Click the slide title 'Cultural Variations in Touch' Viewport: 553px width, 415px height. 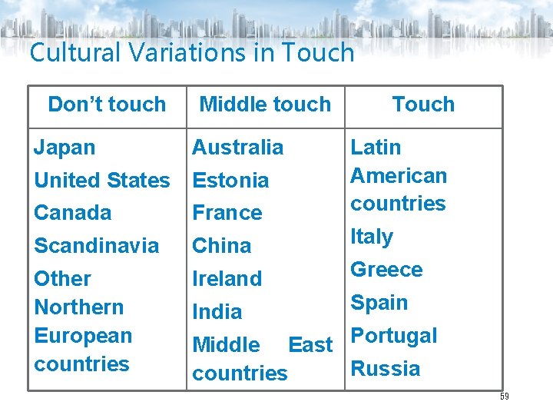pos(192,53)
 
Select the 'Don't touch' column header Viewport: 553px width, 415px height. pos(107,105)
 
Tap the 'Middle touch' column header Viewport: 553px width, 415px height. pos(265,105)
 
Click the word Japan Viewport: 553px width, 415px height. pos(65,147)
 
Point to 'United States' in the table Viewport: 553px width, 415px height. pos(102,181)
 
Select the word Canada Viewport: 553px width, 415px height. pos(73,213)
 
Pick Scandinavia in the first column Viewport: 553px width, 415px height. pos(97,246)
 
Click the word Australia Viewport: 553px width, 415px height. pos(237,147)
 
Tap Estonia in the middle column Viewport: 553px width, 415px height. pos(230,181)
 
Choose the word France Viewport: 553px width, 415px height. pos(227,213)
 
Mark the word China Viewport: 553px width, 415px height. pos(222,246)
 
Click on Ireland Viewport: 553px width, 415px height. pos(227,279)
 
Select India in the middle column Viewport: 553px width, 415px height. pos(217,312)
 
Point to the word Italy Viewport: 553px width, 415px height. pos(372,237)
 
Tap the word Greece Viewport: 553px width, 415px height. pos(386,270)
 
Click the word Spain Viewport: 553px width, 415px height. pos(379,303)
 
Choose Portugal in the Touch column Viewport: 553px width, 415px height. pos(394,336)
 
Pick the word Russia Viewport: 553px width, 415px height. pos(386,369)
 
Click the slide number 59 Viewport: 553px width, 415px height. pos(504,397)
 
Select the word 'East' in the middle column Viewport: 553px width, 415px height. pos(310,345)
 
